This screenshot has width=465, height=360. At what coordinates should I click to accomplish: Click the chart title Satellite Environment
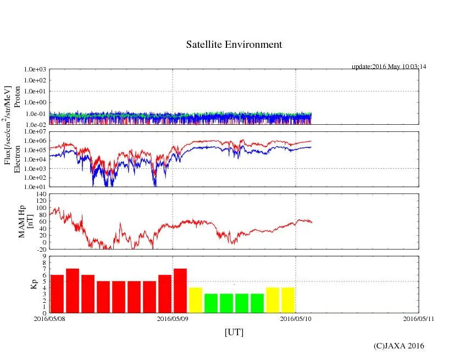pos(234,45)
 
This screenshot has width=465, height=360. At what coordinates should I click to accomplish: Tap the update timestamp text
pos(389,67)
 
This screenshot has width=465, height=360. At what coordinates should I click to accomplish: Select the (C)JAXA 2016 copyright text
pos(398,346)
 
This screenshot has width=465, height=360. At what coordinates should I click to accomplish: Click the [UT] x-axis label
pos(234,332)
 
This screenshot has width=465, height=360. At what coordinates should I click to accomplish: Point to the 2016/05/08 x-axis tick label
pos(49,318)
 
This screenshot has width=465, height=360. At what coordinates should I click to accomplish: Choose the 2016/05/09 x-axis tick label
pos(173,318)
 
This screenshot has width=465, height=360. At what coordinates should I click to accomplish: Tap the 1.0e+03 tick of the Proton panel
pos(37,70)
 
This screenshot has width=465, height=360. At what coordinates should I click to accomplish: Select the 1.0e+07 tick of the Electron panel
pos(37,132)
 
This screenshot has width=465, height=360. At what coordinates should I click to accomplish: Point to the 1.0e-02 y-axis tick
pos(37,125)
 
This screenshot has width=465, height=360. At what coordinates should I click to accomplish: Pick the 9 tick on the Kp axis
pos(45,256)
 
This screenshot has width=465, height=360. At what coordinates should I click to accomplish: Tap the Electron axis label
pos(17,159)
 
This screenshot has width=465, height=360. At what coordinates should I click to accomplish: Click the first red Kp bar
pos(57,293)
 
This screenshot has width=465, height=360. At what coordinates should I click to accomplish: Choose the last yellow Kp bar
pos(288,300)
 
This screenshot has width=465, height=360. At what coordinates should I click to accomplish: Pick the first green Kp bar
pos(211,303)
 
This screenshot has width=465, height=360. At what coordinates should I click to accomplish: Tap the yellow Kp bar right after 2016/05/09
pos(196,300)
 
